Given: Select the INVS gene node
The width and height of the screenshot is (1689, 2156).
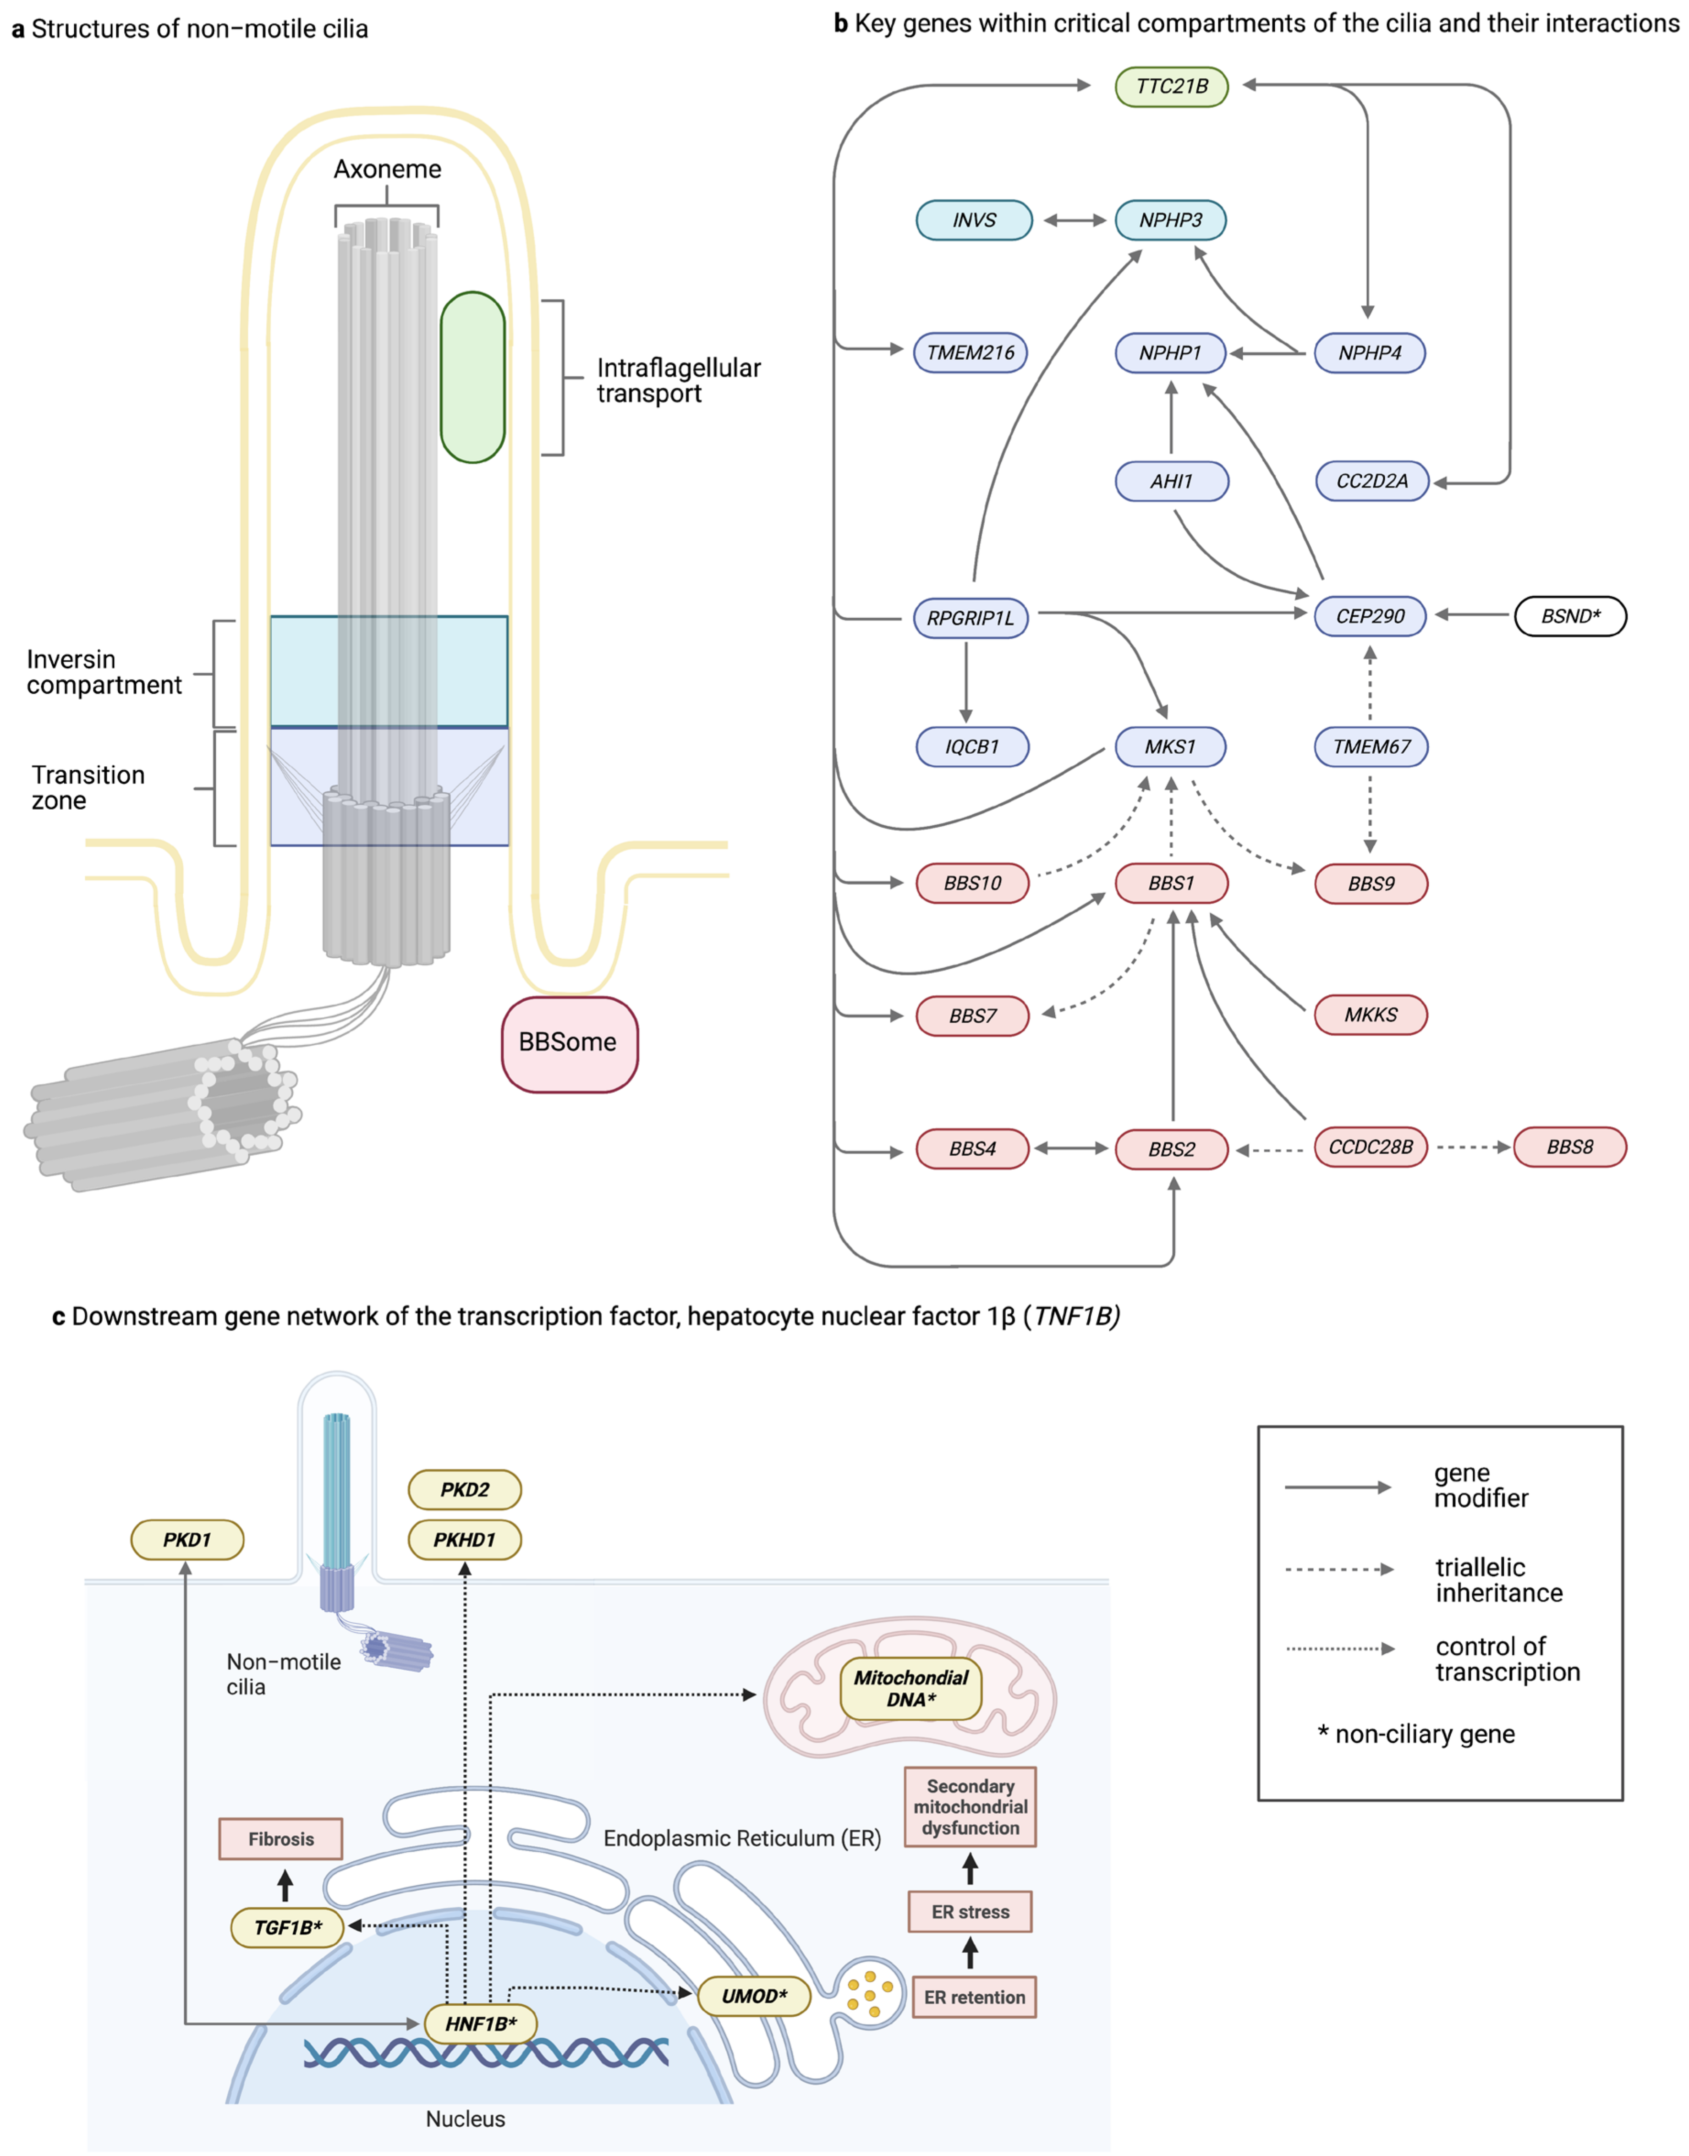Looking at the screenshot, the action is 974,219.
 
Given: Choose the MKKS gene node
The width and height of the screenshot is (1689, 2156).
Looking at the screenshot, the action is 1371,1015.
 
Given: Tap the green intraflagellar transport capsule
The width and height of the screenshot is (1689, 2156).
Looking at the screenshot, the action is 473,377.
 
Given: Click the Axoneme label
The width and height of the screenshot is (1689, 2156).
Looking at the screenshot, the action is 388,169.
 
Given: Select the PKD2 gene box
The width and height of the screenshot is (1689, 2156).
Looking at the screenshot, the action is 465,1489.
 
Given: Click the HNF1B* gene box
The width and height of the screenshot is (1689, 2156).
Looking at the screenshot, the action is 481,2024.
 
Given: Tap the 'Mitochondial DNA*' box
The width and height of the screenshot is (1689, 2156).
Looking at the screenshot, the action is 911,1688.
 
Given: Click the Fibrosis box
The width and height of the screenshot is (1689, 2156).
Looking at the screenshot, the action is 281,1838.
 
